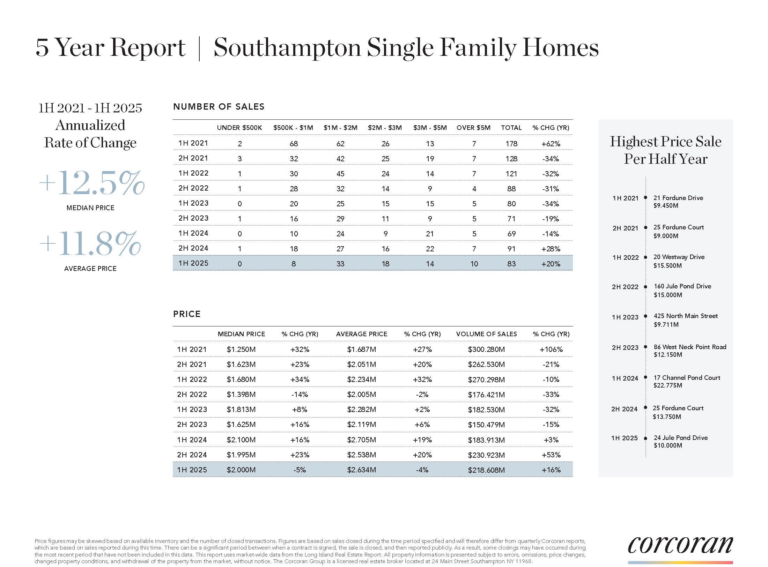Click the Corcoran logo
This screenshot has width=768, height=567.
680,550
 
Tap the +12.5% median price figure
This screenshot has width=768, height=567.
91,183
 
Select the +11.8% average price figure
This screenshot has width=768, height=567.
90,243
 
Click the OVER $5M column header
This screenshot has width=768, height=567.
473,128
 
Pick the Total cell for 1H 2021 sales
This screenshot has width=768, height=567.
511,143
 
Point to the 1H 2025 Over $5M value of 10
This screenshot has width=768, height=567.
474,264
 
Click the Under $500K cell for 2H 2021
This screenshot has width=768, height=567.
239,159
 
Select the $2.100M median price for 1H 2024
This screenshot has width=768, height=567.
241,440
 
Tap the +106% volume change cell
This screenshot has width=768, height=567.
551,349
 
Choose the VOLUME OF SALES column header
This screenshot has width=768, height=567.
486,334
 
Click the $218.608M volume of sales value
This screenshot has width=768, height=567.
486,470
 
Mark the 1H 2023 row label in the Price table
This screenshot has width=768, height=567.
192,410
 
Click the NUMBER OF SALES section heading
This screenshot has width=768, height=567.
219,107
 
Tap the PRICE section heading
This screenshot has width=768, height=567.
187,314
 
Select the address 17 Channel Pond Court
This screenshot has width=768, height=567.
687,378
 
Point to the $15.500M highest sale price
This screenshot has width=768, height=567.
667,266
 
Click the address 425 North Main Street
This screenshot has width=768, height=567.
686,316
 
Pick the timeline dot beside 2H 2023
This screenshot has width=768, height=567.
645,347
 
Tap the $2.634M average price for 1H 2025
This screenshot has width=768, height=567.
361,470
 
